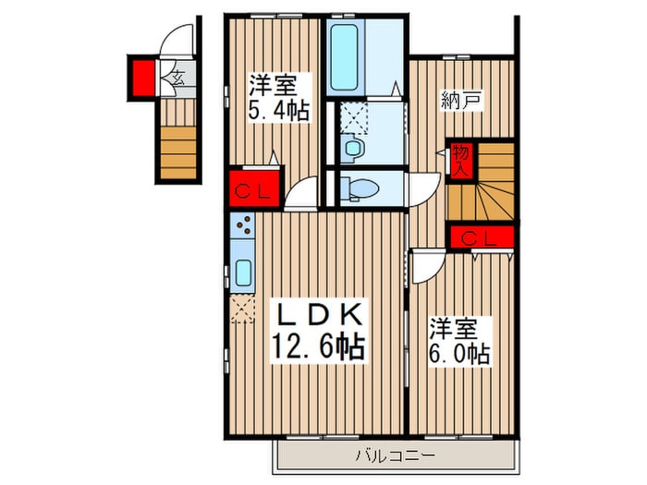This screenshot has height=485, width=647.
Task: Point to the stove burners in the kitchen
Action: tap(244, 224)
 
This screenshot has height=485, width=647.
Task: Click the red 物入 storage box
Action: tap(460, 159)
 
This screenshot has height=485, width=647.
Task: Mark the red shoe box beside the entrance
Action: tap(143, 76)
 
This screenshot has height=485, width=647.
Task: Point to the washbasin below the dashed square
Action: tap(352, 148)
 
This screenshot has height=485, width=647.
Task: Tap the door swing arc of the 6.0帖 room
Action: tap(427, 269)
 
